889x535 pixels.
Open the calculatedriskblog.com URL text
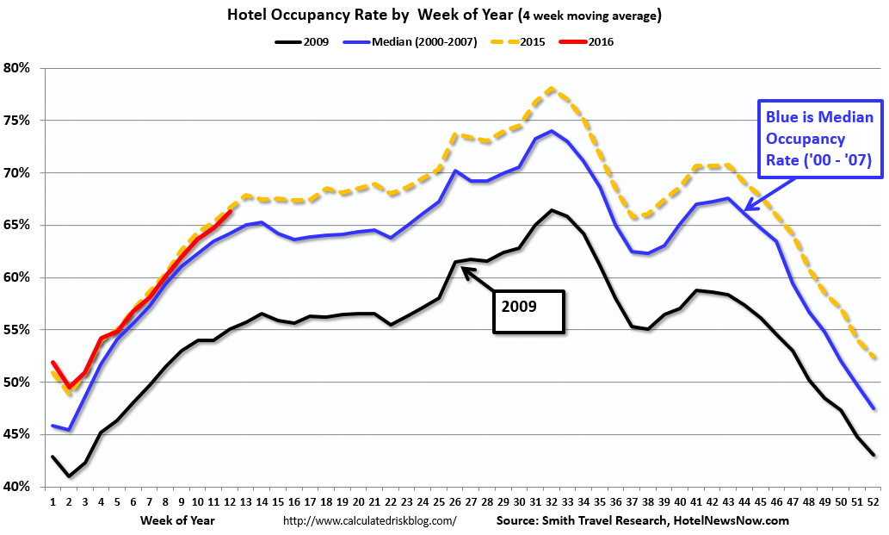pos(369,520)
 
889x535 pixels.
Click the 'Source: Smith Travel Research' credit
pos(642,520)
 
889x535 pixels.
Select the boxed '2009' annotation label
pos(528,311)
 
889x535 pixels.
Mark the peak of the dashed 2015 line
pos(551,88)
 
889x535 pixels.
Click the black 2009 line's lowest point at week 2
pos(70,476)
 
